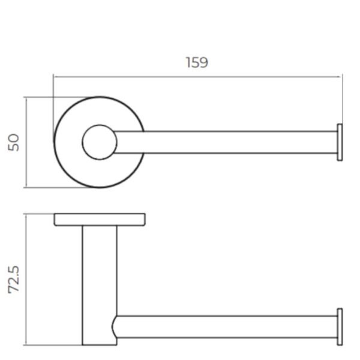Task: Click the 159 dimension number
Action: click(x=197, y=62)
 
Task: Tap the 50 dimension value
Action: click(x=14, y=142)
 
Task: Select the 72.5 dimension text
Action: click(x=14, y=280)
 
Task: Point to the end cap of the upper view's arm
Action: click(x=340, y=142)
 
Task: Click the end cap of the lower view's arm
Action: click(x=340, y=327)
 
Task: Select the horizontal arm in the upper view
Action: click(x=226, y=142)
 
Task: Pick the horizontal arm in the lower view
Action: click(x=226, y=327)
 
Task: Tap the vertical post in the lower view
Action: click(x=100, y=285)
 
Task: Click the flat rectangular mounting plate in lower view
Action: click(x=100, y=220)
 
